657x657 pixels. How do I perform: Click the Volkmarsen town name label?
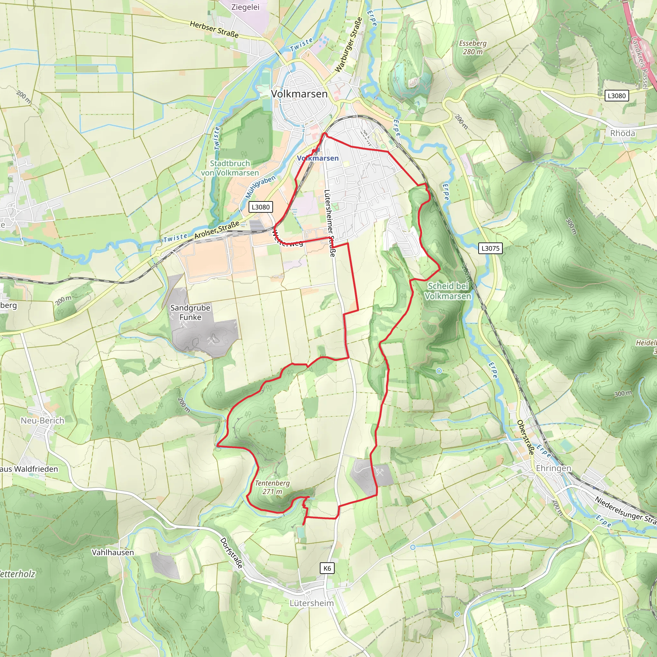[299, 94]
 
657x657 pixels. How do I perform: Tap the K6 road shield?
[327, 568]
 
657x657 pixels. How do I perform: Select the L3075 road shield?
[491, 248]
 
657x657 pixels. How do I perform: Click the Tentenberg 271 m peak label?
[272, 487]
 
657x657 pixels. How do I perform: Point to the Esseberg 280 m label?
[473, 47]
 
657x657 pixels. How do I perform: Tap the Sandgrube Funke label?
[190, 312]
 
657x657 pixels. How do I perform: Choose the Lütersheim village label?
[311, 603]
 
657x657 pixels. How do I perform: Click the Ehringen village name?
[553, 468]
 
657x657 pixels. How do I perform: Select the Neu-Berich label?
[43, 420]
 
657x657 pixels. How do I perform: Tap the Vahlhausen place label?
[113, 552]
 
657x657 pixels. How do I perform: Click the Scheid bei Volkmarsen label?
[448, 291]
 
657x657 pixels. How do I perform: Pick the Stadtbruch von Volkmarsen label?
[230, 168]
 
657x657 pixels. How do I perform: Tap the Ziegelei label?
[245, 7]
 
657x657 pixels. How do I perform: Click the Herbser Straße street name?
[214, 29]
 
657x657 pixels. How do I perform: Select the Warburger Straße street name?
[349, 45]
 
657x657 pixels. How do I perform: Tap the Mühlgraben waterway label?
[260, 187]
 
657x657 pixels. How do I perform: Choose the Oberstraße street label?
[525, 437]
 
